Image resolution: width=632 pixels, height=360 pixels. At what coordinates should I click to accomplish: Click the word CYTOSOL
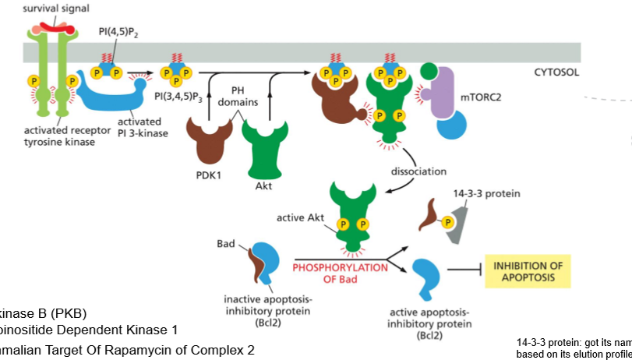[x=556, y=72]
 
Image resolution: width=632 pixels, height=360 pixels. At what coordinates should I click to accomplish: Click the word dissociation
[x=418, y=171]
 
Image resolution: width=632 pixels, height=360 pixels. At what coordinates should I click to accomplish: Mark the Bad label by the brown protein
[x=225, y=244]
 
